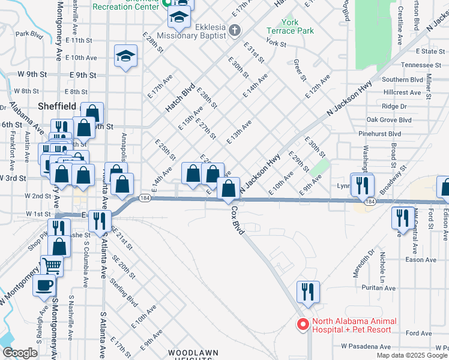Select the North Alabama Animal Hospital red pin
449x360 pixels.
click(x=304, y=325)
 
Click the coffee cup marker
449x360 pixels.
click(x=44, y=286)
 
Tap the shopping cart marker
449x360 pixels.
click(x=52, y=264)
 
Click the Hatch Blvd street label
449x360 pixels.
click(x=180, y=98)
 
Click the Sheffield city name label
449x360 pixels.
click(x=57, y=106)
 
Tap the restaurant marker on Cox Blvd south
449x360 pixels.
click(x=308, y=292)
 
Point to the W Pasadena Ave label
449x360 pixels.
click(x=366, y=347)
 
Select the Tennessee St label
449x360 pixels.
click(x=421, y=65)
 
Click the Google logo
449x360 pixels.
click(x=19, y=353)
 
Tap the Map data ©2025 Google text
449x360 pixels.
click(x=411, y=355)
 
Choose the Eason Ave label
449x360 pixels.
click(x=417, y=259)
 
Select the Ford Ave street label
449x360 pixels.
click(x=418, y=333)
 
